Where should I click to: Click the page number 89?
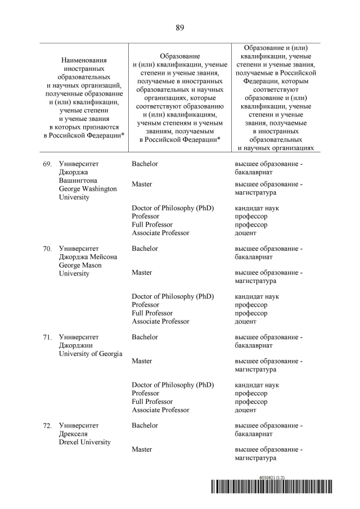tap(180, 28)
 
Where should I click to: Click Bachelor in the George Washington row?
tap(145, 164)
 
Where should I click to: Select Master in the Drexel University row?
tap(142, 449)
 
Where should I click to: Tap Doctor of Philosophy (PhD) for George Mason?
tap(173, 296)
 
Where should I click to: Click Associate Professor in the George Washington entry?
tap(160, 233)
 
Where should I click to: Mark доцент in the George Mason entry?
tap(245, 321)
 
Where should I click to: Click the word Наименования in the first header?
tap(84, 60)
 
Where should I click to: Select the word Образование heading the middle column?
tap(180, 57)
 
